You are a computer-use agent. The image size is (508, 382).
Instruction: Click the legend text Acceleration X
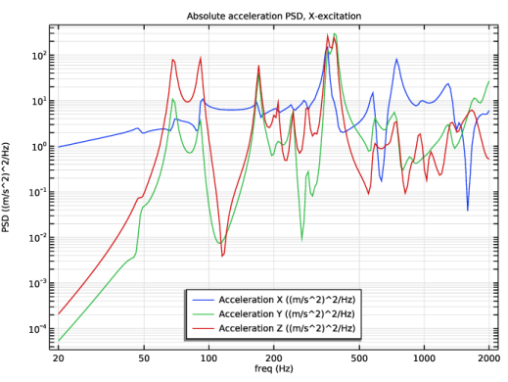251,300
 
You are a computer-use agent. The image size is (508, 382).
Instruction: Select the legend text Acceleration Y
251,313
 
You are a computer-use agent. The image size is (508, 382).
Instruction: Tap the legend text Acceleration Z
251,327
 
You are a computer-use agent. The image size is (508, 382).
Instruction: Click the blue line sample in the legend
203,300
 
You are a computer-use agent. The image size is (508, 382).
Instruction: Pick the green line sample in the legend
203,313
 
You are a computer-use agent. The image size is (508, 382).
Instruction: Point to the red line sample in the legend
203,327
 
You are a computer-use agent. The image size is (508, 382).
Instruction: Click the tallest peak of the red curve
329,35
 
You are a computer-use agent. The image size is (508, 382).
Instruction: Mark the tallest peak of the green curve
336,34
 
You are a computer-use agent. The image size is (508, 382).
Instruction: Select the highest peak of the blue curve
396,59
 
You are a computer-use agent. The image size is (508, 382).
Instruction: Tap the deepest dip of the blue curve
468,210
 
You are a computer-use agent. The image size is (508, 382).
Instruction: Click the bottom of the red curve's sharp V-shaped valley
223,257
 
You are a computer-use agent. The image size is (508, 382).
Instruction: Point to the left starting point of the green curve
59,340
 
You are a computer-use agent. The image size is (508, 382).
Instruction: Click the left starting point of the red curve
59,313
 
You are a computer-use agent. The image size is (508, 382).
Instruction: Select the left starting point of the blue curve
59,147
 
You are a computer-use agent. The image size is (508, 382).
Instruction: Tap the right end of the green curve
489,81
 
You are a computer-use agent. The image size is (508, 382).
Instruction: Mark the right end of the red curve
489,158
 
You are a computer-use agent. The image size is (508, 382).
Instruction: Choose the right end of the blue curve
489,112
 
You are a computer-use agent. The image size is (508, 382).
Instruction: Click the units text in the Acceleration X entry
320,300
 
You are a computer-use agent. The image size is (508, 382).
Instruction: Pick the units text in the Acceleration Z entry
320,327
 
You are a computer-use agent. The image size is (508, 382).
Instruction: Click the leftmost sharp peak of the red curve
173,60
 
